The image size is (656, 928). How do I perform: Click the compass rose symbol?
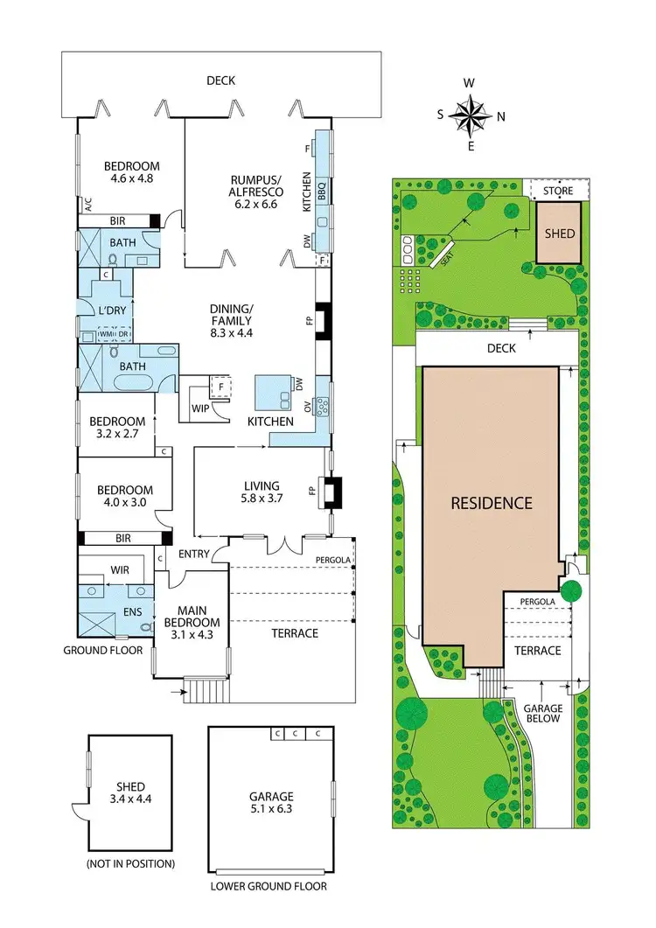pyautogui.click(x=471, y=114)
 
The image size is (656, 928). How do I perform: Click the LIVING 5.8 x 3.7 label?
pyautogui.click(x=262, y=492)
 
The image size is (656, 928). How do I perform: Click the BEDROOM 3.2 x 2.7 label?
pyautogui.click(x=121, y=428)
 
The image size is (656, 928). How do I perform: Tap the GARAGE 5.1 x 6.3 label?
pyautogui.click(x=269, y=803)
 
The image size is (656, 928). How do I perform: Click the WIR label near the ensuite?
pyautogui.click(x=119, y=569)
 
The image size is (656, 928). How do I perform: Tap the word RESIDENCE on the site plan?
pyautogui.click(x=491, y=503)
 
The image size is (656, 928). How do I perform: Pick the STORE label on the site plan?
pyautogui.click(x=556, y=190)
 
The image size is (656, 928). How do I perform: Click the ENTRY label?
pyautogui.click(x=194, y=555)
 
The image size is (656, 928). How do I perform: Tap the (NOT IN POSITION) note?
pyautogui.click(x=130, y=863)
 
